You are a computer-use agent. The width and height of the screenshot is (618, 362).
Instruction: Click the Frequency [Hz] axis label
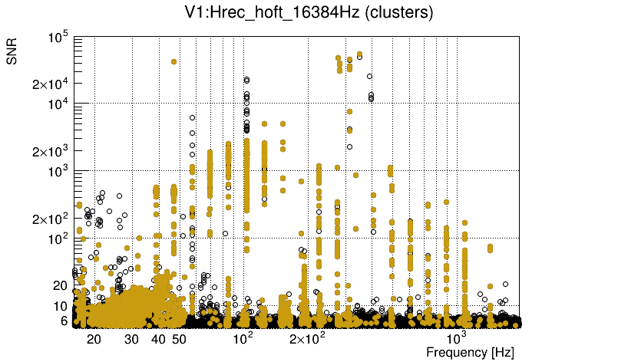click(470, 352)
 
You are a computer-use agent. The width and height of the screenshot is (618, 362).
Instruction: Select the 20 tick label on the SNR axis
click(61, 285)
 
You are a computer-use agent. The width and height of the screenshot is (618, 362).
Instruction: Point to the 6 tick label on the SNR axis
click(64, 321)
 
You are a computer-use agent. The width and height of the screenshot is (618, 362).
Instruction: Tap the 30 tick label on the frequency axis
click(131, 338)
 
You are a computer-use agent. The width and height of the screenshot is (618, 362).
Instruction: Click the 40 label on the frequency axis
click(158, 338)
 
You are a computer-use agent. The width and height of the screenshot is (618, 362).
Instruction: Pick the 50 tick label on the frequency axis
click(179, 338)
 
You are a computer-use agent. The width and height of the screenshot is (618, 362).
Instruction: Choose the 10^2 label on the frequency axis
click(243, 337)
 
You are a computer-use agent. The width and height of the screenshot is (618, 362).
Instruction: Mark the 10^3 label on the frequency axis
click(457, 337)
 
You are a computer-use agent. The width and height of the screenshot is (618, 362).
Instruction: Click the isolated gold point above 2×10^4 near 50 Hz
click(174, 61)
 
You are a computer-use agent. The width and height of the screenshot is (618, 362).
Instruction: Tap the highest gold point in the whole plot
click(360, 54)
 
